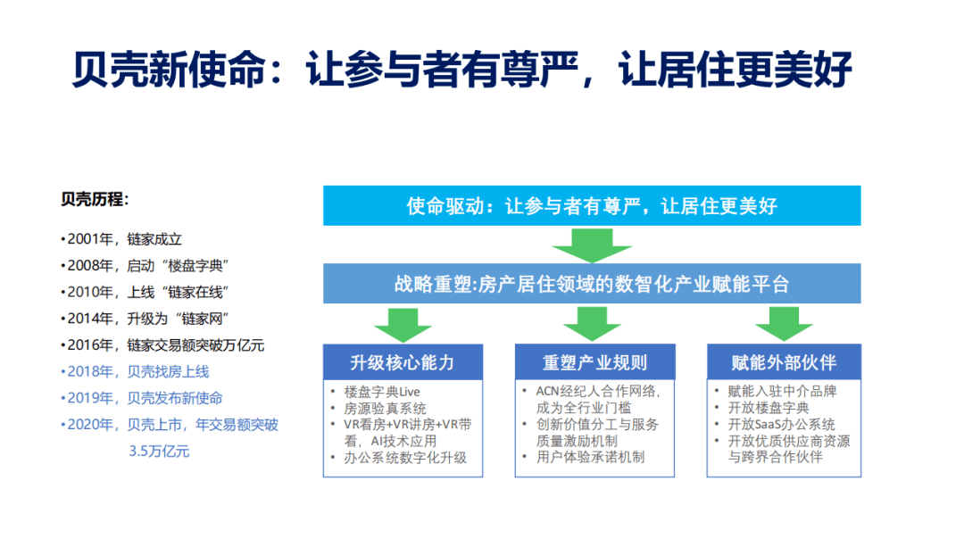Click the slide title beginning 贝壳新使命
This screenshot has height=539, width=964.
(461, 69)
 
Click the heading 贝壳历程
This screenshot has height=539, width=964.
(95, 199)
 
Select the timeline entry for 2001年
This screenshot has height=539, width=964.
(121, 239)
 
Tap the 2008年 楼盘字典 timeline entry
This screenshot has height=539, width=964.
(145, 266)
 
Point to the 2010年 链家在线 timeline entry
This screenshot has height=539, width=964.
(145, 292)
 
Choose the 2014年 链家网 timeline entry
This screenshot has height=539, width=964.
(145, 319)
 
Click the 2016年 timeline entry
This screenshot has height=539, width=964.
(162, 344)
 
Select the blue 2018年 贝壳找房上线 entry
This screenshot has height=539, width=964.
(135, 371)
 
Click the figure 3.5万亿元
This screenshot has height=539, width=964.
(159, 452)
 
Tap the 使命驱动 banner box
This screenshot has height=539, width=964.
(592, 205)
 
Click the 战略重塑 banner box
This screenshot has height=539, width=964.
(592, 283)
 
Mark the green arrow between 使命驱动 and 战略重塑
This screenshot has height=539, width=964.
(592, 245)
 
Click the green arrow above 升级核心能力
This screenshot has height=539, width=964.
(403, 325)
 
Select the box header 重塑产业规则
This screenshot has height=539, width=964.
(594, 362)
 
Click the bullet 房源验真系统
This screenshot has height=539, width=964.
(385, 408)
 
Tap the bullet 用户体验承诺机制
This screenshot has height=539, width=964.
(590, 457)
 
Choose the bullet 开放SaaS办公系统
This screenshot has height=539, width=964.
(781, 424)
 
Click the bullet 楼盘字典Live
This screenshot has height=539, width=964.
(382, 392)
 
